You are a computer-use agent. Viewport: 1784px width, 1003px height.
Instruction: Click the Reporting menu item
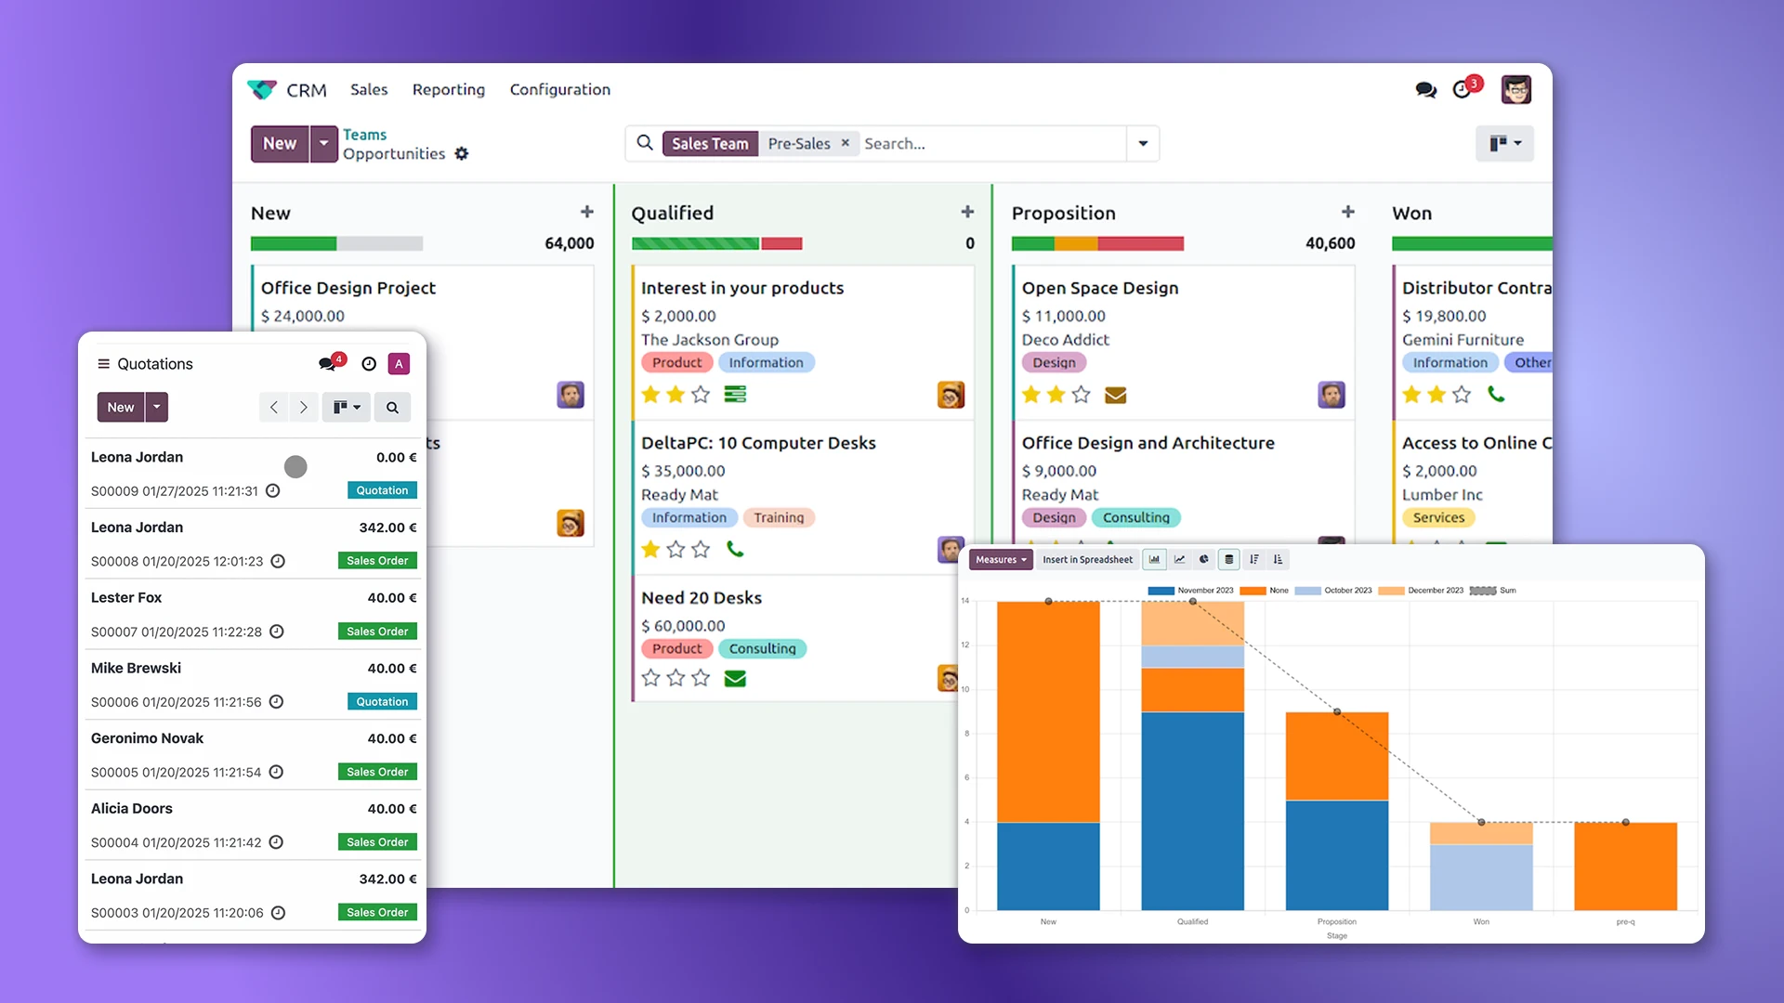click(448, 89)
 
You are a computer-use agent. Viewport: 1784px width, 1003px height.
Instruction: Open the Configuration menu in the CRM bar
click(559, 89)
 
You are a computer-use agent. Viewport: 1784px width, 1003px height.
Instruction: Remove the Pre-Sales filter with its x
click(845, 143)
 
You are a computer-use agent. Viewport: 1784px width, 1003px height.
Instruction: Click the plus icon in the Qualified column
click(967, 213)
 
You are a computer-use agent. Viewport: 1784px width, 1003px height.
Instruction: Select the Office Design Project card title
click(348, 288)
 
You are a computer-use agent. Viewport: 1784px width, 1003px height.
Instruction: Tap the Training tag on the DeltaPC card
click(778, 517)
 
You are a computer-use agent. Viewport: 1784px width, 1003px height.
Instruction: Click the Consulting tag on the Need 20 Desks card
click(762, 648)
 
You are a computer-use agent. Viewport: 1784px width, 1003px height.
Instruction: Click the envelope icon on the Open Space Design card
click(1115, 395)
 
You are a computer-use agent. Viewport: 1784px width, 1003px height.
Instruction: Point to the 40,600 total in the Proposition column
click(1330, 243)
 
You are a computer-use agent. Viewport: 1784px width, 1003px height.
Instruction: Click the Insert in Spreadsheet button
click(1087, 559)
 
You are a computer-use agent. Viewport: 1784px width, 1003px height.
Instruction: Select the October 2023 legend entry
click(1346, 591)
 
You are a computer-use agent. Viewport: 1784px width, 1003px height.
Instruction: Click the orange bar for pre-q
click(1625, 866)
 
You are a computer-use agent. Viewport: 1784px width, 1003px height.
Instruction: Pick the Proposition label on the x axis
click(1336, 921)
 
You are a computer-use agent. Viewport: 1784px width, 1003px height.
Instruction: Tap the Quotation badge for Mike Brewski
click(382, 702)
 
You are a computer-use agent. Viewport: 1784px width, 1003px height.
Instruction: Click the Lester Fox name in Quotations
click(126, 597)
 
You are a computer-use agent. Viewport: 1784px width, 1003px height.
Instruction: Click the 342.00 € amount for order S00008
click(387, 528)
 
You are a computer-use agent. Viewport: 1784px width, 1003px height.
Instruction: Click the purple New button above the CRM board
click(280, 144)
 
